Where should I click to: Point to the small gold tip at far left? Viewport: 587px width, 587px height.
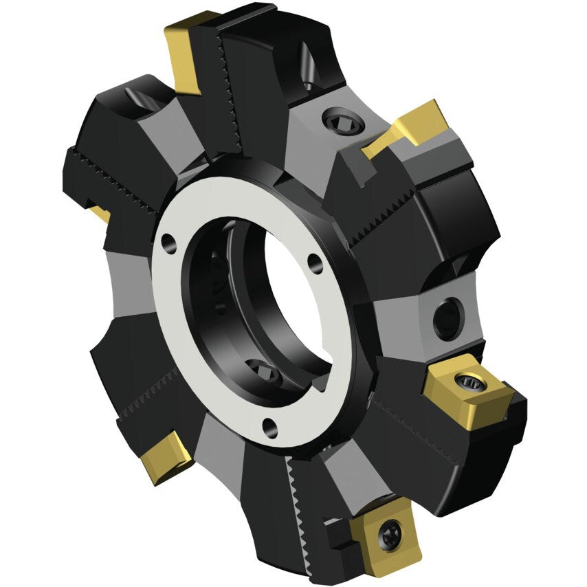click(x=100, y=212)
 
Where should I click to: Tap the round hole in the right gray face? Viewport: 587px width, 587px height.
click(x=447, y=317)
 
